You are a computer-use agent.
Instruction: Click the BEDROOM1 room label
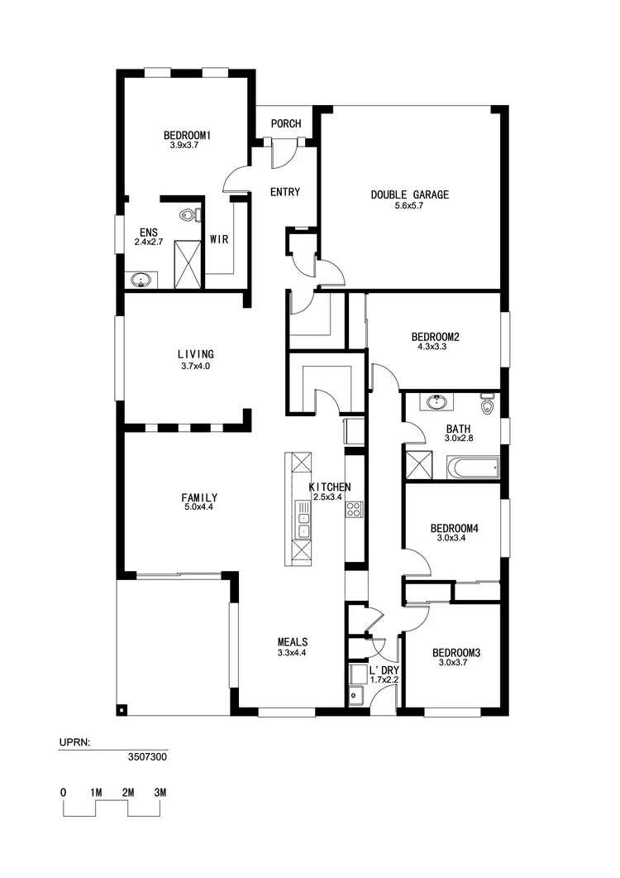(x=187, y=135)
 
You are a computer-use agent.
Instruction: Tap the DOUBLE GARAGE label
(x=409, y=194)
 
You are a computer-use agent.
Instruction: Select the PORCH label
(x=286, y=124)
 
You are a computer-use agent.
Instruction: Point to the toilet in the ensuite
(x=191, y=216)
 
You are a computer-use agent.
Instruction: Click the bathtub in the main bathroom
(x=474, y=468)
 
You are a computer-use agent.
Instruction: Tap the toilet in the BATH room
(x=487, y=406)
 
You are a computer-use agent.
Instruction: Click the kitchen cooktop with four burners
(x=355, y=509)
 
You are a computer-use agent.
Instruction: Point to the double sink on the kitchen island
(x=303, y=525)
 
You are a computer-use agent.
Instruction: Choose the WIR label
(x=219, y=240)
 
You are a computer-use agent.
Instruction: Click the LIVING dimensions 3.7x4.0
(x=194, y=365)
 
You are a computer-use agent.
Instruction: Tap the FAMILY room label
(x=199, y=497)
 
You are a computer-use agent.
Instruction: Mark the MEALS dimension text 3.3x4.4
(x=293, y=653)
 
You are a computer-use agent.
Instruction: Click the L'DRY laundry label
(x=384, y=669)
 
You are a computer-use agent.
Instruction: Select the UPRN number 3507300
(x=147, y=756)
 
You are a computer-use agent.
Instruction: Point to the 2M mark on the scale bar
(x=128, y=792)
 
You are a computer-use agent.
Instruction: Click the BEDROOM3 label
(x=456, y=652)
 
